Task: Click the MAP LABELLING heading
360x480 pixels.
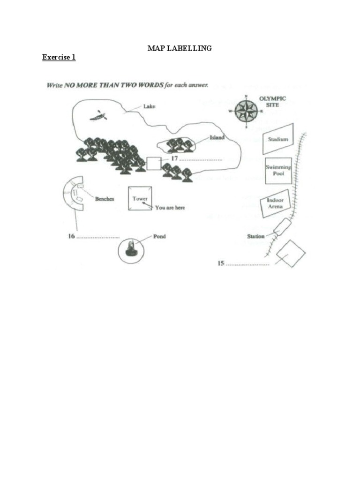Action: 180,48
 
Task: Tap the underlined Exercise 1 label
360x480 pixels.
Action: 59,57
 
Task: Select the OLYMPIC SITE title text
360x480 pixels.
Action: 272,102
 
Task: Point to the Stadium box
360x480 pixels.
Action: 277,139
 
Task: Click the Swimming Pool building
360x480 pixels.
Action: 278,170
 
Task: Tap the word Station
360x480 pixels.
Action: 256,236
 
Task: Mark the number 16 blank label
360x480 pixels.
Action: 93,236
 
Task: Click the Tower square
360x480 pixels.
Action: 140,199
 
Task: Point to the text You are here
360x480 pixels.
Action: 170,207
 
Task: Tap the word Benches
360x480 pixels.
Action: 105,199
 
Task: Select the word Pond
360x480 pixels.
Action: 159,237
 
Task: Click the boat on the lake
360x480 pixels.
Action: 98,115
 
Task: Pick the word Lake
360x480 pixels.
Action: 149,106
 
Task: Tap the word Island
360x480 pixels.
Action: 217,137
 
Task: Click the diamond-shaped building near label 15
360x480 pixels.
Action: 291,253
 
